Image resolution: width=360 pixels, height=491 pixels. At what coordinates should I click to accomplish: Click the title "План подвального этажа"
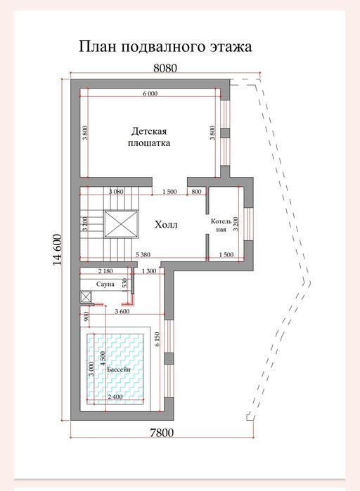click(x=165, y=46)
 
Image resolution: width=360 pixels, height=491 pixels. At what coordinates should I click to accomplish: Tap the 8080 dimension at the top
click(x=165, y=68)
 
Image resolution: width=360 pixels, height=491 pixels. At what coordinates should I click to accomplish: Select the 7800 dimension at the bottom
click(x=162, y=433)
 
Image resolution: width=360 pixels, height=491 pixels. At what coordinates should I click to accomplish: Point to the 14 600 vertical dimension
click(x=58, y=249)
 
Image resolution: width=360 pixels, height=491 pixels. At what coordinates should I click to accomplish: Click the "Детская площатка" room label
click(x=149, y=137)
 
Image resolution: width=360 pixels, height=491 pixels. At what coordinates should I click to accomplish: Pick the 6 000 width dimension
click(x=150, y=93)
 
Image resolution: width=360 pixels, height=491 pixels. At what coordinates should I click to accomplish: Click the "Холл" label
click(x=166, y=225)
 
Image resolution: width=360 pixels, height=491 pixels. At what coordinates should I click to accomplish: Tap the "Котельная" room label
click(x=221, y=225)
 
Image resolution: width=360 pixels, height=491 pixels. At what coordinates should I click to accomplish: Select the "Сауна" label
click(x=105, y=284)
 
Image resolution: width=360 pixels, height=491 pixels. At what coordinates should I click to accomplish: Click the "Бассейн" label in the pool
click(x=119, y=369)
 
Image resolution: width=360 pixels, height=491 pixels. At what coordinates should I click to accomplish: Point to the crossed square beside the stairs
click(x=121, y=225)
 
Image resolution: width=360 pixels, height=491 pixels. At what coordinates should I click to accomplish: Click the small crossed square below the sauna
click(x=86, y=296)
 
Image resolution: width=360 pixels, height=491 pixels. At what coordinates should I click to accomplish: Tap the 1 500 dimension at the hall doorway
click(x=169, y=192)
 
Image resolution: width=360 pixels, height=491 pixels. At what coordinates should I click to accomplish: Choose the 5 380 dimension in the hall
click(x=143, y=254)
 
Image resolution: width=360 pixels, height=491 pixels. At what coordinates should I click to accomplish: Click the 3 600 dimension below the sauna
click(x=122, y=312)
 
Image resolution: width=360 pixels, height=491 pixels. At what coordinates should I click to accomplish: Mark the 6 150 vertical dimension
click(x=157, y=339)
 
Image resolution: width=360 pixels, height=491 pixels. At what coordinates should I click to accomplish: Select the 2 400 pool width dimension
click(x=115, y=397)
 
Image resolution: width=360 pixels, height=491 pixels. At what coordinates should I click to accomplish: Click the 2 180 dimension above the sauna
click(x=105, y=271)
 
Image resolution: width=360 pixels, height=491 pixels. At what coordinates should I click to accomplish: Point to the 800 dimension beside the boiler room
click(x=196, y=192)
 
